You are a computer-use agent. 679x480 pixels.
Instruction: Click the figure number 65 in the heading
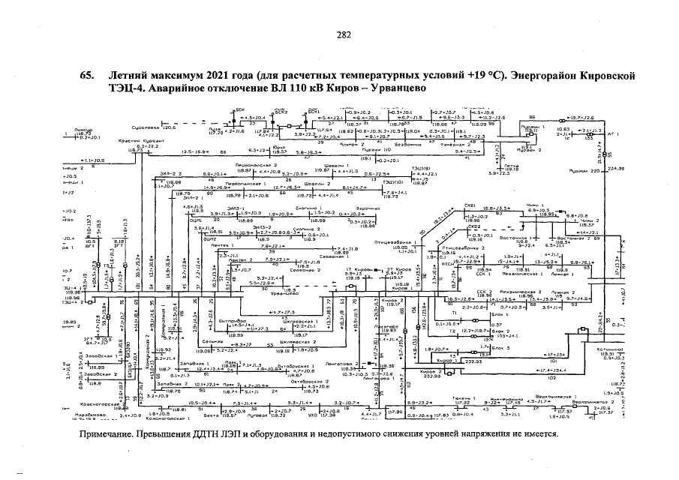(x=86, y=76)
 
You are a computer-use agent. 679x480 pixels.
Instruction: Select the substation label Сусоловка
(x=145, y=127)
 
